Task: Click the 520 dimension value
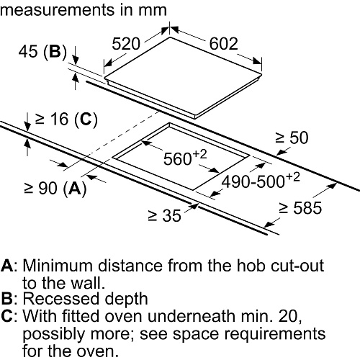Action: (126, 44)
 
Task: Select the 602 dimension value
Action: (224, 44)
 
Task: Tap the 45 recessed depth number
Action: (28, 51)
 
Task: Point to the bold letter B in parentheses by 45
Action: (55, 51)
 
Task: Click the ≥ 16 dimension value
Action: (52, 119)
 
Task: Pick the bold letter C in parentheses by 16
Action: (86, 119)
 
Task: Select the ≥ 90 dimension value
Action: (41, 188)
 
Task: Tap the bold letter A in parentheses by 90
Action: (75, 188)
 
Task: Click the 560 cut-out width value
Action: (178, 159)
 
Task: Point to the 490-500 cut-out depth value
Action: (253, 181)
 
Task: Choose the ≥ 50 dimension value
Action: (292, 138)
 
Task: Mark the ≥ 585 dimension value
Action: (300, 208)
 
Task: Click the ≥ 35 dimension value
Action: (165, 215)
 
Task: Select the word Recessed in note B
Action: (61, 299)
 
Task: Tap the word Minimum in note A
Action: (58, 266)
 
